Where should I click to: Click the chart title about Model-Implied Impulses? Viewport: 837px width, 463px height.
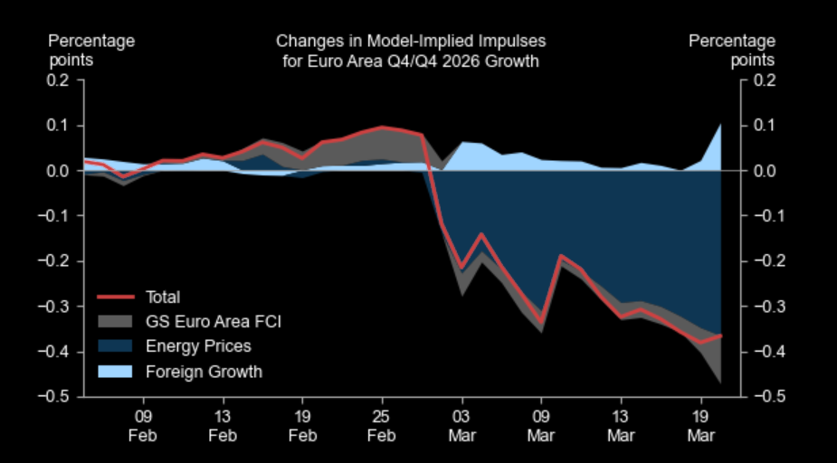pyautogui.click(x=411, y=51)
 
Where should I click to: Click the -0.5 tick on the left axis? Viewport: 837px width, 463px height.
pyautogui.click(x=54, y=397)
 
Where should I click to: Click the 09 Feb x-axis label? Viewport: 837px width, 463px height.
pyautogui.click(x=143, y=426)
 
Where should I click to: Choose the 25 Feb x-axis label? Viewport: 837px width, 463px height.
pyautogui.click(x=382, y=426)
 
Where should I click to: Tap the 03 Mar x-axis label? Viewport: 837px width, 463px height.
pyautogui.click(x=461, y=426)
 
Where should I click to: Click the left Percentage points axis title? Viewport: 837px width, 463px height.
pyautogui.click(x=91, y=50)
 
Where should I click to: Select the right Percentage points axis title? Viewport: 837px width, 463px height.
pyautogui.click(x=732, y=50)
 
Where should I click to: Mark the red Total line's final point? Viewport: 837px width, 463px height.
pyautogui.click(x=721, y=335)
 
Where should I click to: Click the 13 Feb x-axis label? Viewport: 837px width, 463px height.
pyautogui.click(x=223, y=426)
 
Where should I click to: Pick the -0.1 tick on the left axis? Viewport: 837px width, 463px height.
pyautogui.click(x=54, y=216)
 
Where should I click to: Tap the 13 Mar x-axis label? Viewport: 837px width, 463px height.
pyautogui.click(x=621, y=426)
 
